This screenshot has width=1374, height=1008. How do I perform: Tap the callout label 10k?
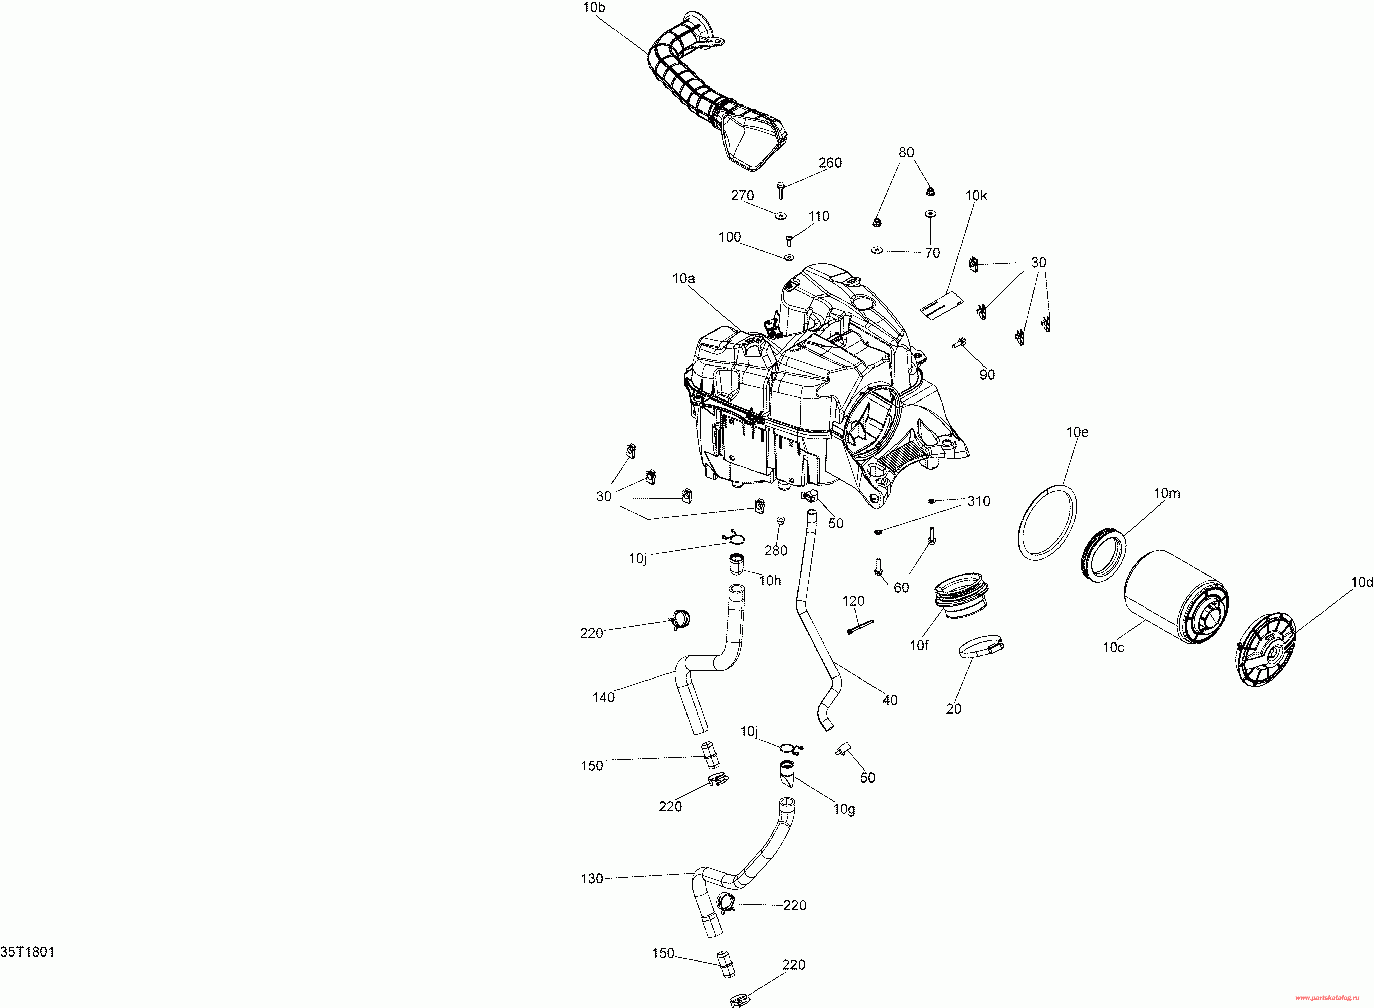[976, 196]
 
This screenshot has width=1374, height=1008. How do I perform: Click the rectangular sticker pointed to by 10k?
[941, 303]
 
